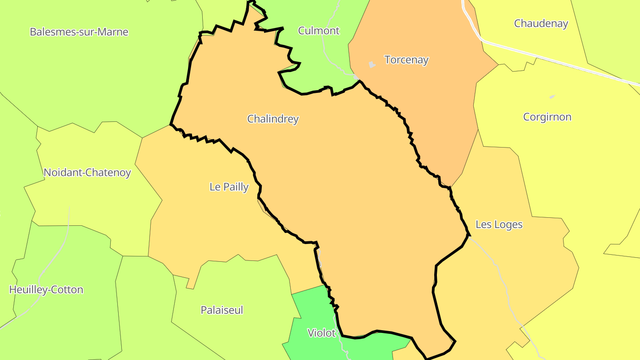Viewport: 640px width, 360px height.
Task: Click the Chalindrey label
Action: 273,119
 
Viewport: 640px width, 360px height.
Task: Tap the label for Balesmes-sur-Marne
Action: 79,32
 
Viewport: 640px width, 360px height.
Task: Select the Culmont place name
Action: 319,31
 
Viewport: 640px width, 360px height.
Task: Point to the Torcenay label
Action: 406,60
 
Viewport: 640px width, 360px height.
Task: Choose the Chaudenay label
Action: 541,24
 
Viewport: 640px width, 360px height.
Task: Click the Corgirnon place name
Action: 547,117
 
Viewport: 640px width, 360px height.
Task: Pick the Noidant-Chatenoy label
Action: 87,172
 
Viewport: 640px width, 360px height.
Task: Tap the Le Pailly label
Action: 229,187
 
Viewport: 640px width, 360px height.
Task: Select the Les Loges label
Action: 499,224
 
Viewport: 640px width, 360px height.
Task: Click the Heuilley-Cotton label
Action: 46,290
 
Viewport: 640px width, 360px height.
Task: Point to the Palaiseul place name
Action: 222,310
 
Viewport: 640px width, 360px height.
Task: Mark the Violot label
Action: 321,333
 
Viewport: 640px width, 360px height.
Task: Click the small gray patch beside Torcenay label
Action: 372,64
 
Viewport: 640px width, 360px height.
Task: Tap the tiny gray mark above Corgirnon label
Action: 552,96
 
